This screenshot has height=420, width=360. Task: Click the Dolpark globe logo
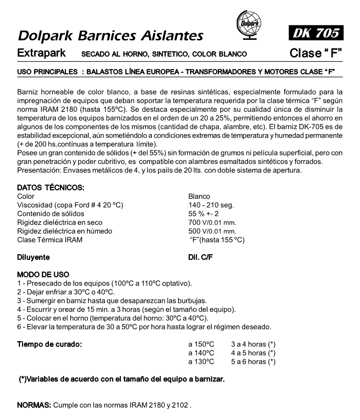click(x=249, y=23)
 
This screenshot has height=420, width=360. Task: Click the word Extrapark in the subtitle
click(x=42, y=53)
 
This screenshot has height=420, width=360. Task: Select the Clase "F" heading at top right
click(x=316, y=53)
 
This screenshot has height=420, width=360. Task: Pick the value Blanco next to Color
click(x=199, y=197)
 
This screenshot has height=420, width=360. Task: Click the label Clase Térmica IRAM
click(x=50, y=240)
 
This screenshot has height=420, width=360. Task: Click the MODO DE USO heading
click(x=43, y=275)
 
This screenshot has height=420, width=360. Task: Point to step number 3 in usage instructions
click(x=19, y=301)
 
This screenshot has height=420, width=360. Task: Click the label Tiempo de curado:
click(x=49, y=344)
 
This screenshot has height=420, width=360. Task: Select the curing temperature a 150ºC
click(x=201, y=344)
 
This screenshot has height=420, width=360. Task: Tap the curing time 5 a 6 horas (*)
click(x=253, y=362)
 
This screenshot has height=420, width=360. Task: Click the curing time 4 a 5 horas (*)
click(x=253, y=353)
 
